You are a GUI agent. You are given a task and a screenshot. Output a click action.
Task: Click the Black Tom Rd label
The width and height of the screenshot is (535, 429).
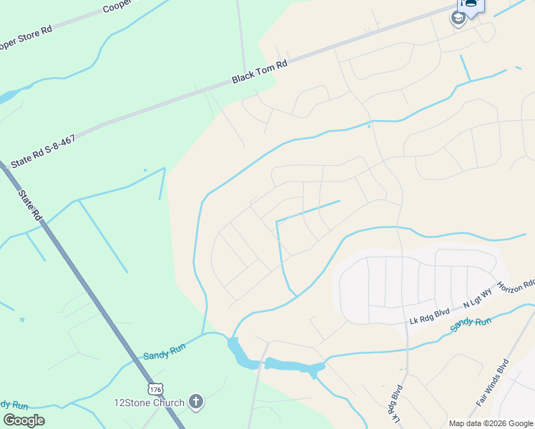(260, 72)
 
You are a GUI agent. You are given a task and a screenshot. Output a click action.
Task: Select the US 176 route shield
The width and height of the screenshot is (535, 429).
(155, 389)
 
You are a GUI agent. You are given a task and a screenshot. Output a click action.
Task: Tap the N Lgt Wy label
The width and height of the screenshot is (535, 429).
(478, 300)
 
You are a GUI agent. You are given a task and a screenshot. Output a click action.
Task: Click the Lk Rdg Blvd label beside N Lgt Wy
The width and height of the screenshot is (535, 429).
(428, 312)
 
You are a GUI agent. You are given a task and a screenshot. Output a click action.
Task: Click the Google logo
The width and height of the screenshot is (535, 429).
(24, 420)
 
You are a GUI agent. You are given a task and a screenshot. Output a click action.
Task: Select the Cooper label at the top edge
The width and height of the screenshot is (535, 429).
(117, 7)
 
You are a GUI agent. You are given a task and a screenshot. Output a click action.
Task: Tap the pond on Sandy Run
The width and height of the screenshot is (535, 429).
(293, 366)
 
